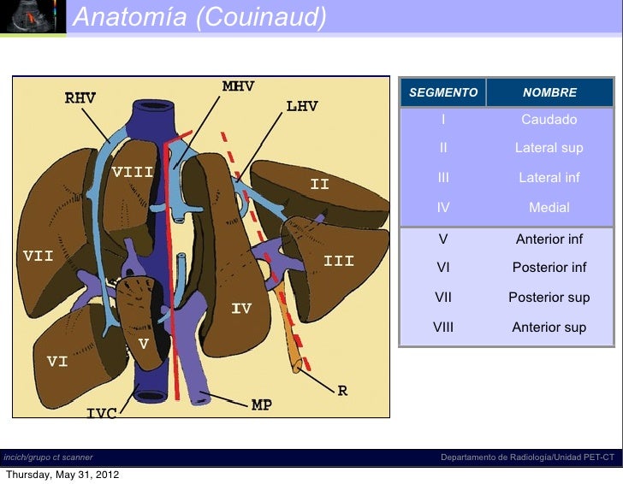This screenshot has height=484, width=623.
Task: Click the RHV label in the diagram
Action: (x=80, y=98)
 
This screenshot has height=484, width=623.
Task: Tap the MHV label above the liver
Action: (x=238, y=86)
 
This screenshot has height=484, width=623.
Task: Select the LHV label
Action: (x=302, y=107)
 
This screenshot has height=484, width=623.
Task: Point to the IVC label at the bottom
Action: (x=101, y=414)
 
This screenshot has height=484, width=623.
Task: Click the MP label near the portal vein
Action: (x=262, y=405)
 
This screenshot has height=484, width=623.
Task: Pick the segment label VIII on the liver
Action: (x=133, y=172)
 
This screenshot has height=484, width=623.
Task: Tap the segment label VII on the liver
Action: (x=38, y=255)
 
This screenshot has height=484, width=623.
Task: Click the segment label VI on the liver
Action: (x=57, y=362)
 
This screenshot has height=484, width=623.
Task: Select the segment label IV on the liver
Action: (x=241, y=308)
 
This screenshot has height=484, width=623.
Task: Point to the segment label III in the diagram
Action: (x=339, y=261)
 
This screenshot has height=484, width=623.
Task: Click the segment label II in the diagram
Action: (x=319, y=184)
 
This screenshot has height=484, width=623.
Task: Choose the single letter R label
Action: (x=342, y=391)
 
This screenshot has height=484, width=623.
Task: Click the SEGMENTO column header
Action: (x=443, y=92)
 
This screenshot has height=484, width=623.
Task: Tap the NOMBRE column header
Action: (x=549, y=92)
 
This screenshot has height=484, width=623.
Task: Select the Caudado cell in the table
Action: (x=549, y=120)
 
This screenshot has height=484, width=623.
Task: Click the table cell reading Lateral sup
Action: (x=549, y=148)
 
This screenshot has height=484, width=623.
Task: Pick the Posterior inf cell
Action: (x=549, y=268)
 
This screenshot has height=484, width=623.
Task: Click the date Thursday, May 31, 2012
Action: (x=62, y=475)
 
